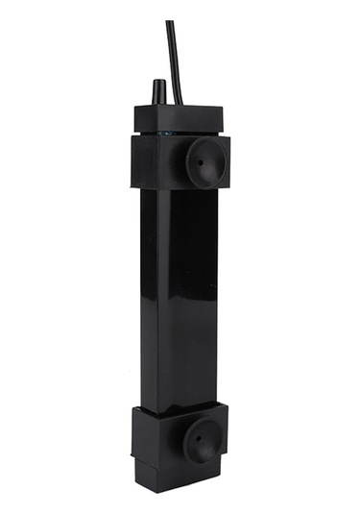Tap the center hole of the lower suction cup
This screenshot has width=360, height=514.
pos(201,440)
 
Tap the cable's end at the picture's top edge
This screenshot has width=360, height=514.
pos(170,23)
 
